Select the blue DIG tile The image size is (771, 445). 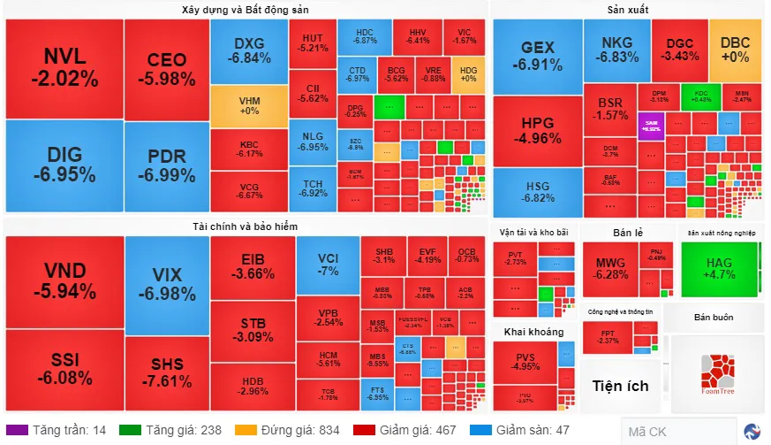pos(64,165)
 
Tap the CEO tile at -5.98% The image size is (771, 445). pos(167,69)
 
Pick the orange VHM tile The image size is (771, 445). pos(249,105)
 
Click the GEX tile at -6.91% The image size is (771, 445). pos(537,56)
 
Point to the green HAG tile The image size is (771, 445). pos(720,268)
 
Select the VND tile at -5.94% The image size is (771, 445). pos(64,281)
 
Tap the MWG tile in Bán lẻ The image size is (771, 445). pos(611,268)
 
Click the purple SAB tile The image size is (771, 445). pos(651,125)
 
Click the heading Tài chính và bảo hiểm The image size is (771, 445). pos(246,226)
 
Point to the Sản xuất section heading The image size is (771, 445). pos(628,10)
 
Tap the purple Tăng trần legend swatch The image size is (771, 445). pos(22,430)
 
